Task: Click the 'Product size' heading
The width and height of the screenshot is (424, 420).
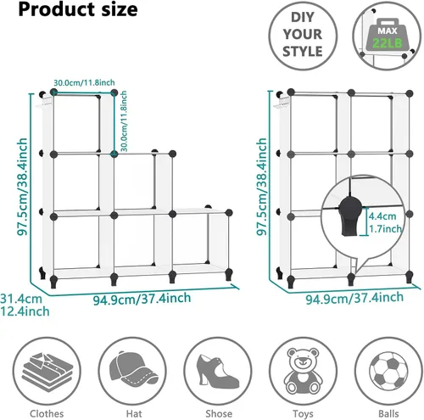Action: click(x=78, y=9)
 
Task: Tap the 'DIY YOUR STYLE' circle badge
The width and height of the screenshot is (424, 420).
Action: click(x=303, y=36)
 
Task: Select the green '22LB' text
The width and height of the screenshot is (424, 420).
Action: click(x=388, y=43)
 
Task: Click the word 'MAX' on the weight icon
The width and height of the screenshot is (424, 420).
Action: click(x=388, y=31)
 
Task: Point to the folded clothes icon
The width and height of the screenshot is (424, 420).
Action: click(x=47, y=372)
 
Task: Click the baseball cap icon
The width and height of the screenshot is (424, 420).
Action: click(x=133, y=369)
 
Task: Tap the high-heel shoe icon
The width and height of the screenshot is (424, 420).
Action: click(x=218, y=371)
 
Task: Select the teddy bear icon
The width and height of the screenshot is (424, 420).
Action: click(x=303, y=371)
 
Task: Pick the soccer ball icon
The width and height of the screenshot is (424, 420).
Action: click(x=388, y=371)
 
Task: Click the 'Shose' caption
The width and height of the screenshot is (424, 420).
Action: click(x=219, y=414)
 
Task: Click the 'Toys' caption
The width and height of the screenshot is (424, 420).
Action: click(x=303, y=414)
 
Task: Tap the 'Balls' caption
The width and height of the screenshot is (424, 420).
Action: click(x=388, y=414)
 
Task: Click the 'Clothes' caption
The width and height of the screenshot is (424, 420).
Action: click(x=47, y=414)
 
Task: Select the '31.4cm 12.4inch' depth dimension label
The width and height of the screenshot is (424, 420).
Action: click(x=25, y=305)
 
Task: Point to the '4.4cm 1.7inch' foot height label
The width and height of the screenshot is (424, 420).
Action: click(x=385, y=222)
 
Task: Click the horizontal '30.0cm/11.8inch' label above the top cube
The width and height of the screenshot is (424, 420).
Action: click(x=84, y=83)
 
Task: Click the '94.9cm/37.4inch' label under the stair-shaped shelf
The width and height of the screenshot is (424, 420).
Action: click(x=142, y=299)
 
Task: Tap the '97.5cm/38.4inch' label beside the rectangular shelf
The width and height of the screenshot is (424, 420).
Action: click(x=262, y=187)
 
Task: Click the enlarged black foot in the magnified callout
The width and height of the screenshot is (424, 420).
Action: click(x=350, y=216)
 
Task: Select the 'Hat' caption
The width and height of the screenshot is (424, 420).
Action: click(x=134, y=414)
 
